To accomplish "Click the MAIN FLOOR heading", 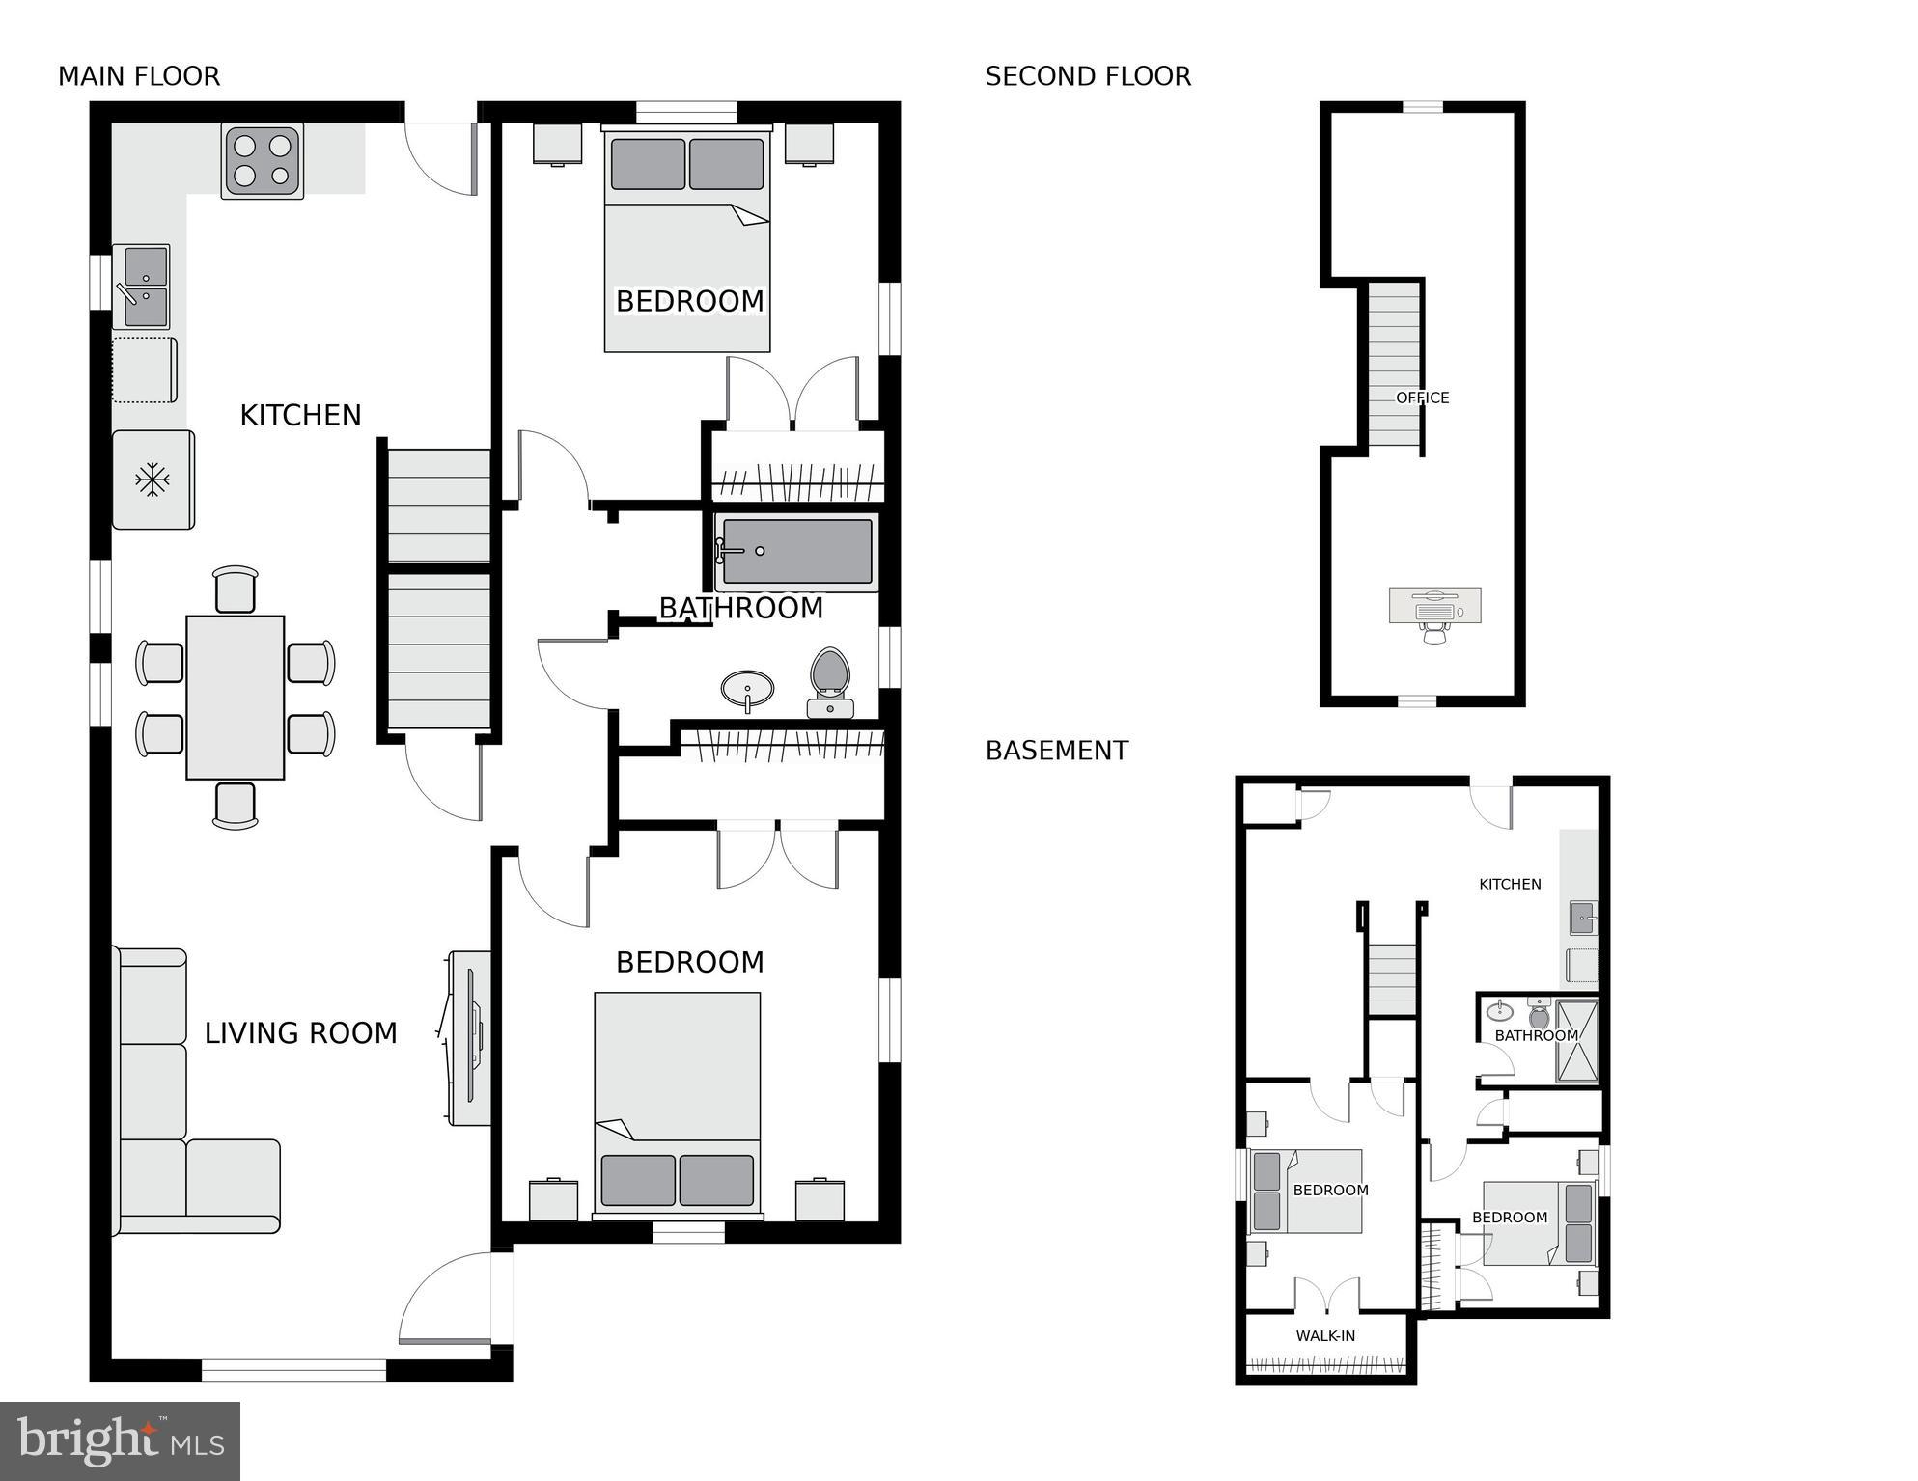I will (139, 76).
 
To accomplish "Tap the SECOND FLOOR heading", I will (1088, 76).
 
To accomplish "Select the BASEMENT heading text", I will (1056, 751).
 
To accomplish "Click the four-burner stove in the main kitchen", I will (263, 160).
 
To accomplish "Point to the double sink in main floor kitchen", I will (143, 287).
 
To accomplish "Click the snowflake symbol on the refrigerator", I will (152, 480).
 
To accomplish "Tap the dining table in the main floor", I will (235, 697).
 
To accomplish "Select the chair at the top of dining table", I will (236, 589).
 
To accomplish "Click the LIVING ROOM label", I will (300, 1033).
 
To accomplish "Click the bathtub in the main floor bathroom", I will (796, 552).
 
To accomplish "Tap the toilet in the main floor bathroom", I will (829, 680).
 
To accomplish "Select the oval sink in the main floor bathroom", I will (747, 689).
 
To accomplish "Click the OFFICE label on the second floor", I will (1422, 398).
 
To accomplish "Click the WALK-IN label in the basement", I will (1325, 1336).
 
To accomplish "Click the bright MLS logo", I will (120, 1440).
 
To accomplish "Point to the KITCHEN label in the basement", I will (1510, 884).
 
